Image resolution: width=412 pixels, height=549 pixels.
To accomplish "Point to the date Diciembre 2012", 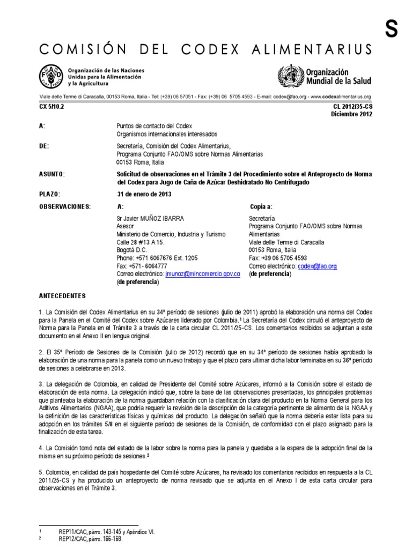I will pyautogui.click(x=351, y=114).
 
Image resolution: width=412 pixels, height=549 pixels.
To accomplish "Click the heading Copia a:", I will pyautogui.click(x=261, y=206).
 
